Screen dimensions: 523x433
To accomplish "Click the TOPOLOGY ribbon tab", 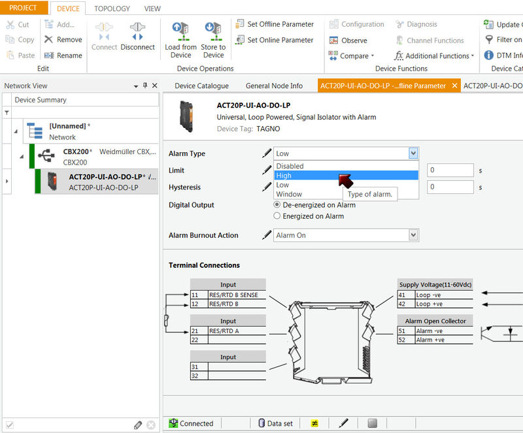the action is click(112, 8).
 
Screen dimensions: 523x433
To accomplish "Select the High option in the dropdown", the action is click(284, 175).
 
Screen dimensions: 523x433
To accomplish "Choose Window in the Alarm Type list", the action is click(289, 194).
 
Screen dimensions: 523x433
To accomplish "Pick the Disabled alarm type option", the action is click(290, 166).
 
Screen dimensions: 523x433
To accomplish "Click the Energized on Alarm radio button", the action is click(277, 216).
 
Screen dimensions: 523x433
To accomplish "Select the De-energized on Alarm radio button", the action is click(277, 204).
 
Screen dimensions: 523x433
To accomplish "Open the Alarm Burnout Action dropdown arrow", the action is click(413, 235).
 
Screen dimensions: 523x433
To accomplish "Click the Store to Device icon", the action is click(213, 31).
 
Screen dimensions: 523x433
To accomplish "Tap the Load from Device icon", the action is click(180, 31).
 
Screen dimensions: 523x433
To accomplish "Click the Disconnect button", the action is click(137, 37).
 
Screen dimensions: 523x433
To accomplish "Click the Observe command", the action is click(348, 40).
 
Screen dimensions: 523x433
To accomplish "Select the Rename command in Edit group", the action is click(63, 56).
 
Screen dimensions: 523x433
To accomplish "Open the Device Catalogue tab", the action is click(201, 86).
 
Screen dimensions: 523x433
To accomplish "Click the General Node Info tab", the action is click(274, 86).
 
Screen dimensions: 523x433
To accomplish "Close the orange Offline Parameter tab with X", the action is click(454, 86).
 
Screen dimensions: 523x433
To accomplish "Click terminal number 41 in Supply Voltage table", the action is click(402, 295).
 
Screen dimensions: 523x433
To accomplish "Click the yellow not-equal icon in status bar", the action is click(314, 423).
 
